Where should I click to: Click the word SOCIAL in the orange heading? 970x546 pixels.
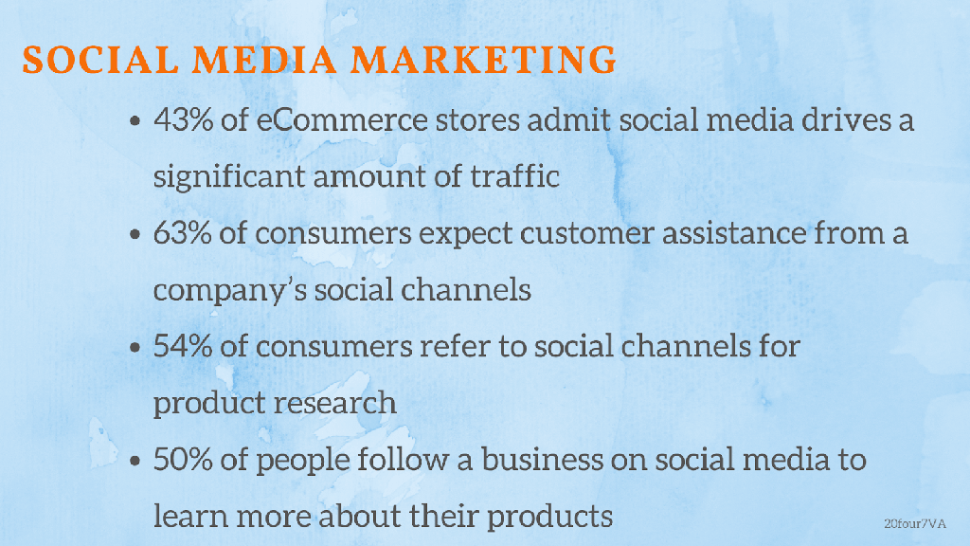point(100,60)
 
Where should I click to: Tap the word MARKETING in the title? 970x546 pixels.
point(484,60)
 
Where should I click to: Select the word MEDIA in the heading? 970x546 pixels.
point(265,60)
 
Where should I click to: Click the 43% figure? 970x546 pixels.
point(183,119)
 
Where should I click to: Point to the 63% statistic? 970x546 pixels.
point(183,233)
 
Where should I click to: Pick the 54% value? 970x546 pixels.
point(183,346)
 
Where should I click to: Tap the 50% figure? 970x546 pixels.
point(183,460)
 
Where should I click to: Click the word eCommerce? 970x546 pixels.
point(342,119)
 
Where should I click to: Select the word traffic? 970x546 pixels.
point(514,176)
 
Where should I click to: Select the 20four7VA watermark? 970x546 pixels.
point(915,523)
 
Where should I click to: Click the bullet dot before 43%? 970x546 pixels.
point(135,121)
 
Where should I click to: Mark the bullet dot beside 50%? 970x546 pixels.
point(135,462)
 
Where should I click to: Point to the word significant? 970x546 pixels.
point(229,177)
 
